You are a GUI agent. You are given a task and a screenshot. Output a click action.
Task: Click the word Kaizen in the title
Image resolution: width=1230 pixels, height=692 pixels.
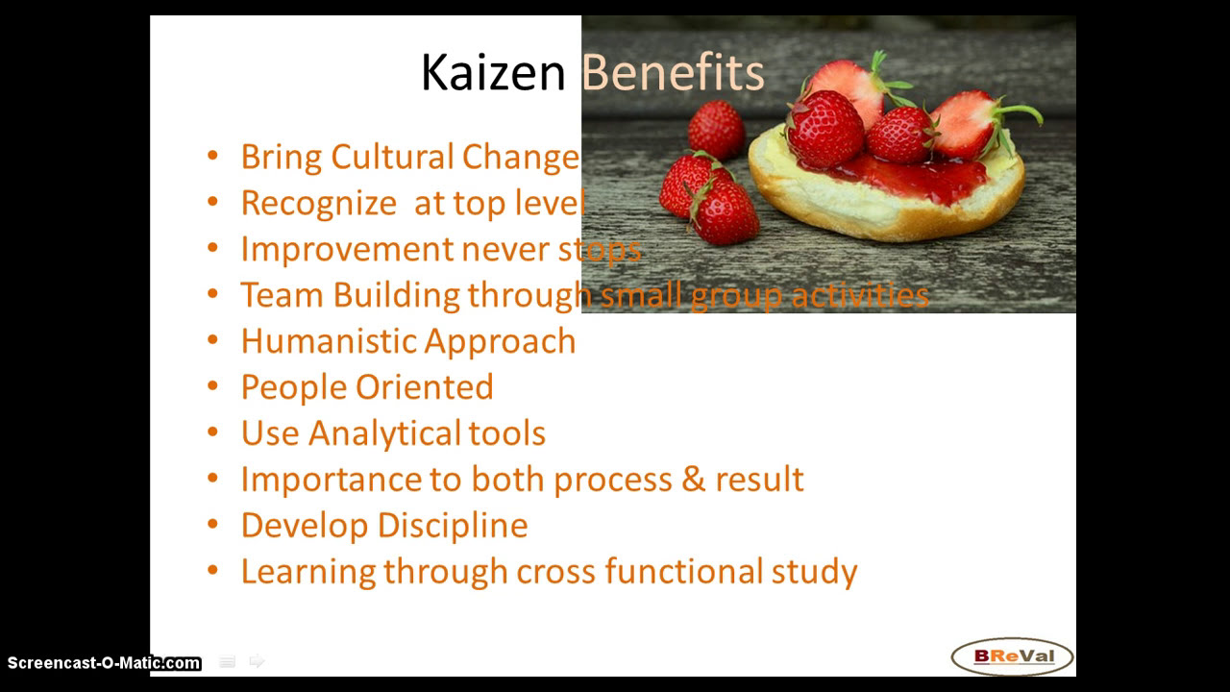pos(492,73)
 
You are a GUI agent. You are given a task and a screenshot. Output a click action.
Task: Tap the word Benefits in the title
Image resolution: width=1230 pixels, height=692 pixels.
pos(673,73)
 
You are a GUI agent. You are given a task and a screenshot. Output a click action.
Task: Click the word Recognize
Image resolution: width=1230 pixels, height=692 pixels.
pos(318,203)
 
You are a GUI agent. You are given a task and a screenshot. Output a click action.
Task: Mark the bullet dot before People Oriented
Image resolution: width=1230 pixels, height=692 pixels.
pos(213,387)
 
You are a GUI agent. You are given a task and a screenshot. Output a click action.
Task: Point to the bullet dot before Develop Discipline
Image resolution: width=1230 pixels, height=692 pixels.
pos(213,526)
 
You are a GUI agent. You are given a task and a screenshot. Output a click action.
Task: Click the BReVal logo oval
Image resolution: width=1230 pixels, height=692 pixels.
pos(1012,657)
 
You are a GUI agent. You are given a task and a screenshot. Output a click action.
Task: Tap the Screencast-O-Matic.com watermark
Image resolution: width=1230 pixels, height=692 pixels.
pos(104,663)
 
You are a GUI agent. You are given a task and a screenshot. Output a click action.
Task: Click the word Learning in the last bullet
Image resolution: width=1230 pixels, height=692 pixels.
pos(307,572)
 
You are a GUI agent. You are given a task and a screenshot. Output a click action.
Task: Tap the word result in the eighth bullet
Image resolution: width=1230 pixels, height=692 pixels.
pos(759,479)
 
